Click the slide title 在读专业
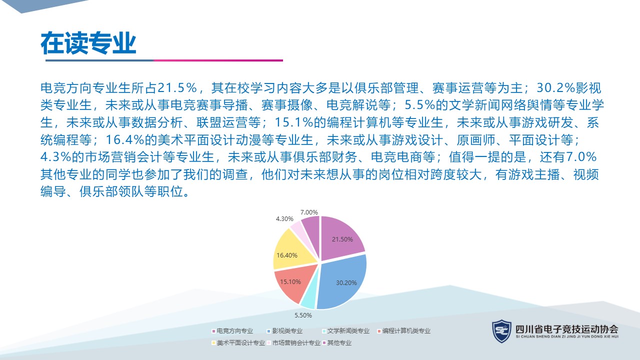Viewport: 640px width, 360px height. (88, 43)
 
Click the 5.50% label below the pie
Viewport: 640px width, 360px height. (303, 315)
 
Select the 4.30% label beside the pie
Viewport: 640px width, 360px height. (284, 219)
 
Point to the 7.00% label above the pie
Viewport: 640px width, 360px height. (309, 212)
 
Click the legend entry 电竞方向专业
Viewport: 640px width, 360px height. (232, 331)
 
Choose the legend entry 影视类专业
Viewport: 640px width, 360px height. (285, 331)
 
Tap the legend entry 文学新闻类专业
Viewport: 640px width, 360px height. (346, 331)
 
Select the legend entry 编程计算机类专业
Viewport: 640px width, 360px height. (404, 331)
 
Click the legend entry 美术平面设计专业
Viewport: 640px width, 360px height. (238, 343)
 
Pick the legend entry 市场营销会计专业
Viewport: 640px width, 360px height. (293, 343)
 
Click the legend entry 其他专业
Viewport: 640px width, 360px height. (337, 343)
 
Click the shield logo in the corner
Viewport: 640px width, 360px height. (501, 331)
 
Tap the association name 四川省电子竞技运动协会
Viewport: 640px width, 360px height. (567, 329)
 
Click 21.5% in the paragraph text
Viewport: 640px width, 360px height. (177, 87)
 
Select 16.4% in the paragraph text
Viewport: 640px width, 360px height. (124, 139)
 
